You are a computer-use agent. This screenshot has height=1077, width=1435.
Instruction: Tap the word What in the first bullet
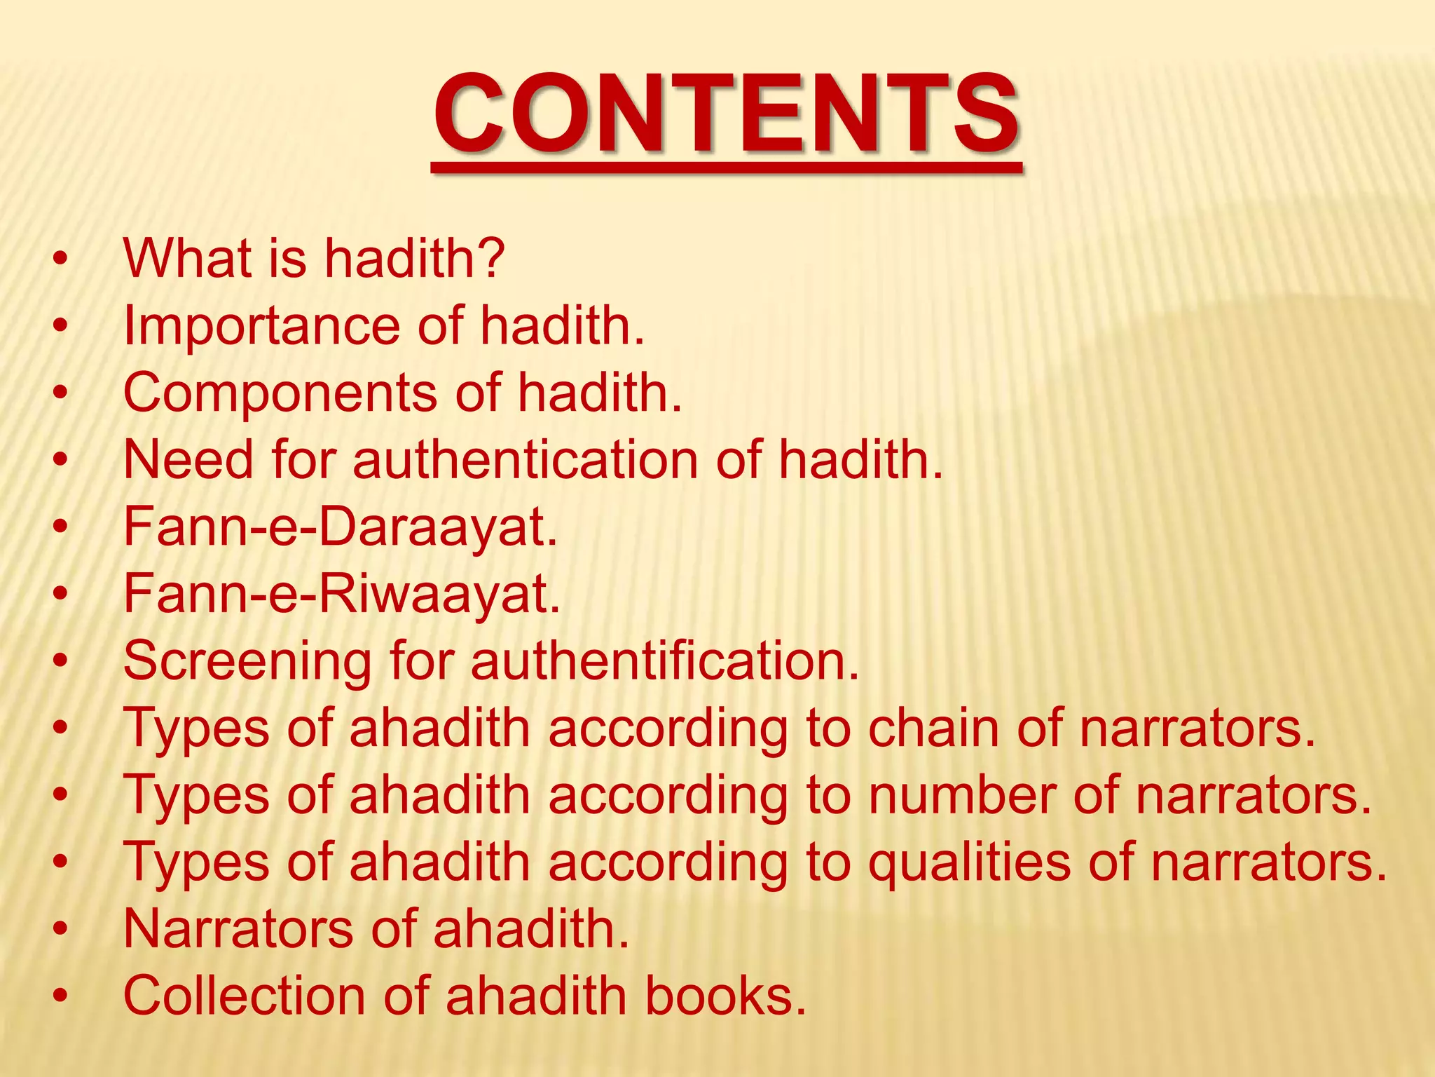coord(187,258)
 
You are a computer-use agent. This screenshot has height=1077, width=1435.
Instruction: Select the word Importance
coord(261,327)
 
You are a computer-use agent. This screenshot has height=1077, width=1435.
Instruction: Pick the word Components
coord(280,393)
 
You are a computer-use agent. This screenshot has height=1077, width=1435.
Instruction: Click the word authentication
coord(526,460)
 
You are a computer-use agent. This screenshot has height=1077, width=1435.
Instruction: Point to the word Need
coord(188,460)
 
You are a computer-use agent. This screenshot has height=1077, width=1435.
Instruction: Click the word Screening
coord(247,662)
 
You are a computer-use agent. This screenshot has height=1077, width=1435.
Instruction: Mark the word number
coord(963,795)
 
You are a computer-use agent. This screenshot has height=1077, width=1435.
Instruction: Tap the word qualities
coord(969,862)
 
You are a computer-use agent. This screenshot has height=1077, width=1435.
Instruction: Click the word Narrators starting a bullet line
coord(238,928)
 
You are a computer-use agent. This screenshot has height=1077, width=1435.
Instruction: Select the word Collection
coord(244,996)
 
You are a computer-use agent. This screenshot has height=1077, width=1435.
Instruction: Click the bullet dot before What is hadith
coord(61,258)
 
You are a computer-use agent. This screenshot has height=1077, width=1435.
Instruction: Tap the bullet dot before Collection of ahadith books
coord(61,996)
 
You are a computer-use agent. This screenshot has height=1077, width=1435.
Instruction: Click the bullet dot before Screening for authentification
coord(61,662)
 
